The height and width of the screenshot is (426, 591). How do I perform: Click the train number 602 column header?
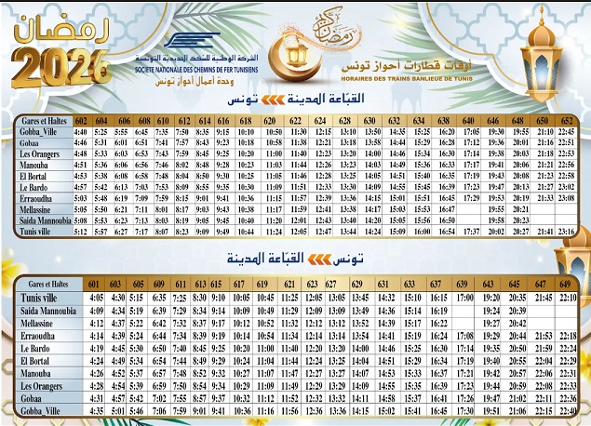click(81, 121)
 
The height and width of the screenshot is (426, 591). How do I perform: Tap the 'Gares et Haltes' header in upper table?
click(40, 121)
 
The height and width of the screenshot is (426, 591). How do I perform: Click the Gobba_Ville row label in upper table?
click(39, 132)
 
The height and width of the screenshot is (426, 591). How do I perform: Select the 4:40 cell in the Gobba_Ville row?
click(81, 132)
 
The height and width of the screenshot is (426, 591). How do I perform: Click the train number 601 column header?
click(92, 283)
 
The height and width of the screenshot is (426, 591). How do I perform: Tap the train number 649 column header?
click(565, 283)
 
